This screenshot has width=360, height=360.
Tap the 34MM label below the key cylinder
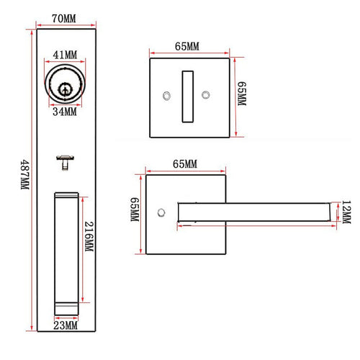[x=66, y=112]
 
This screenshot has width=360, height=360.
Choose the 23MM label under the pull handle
[x=66, y=325]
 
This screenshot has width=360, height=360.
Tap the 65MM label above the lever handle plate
[x=184, y=165]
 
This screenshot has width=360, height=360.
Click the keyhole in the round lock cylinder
[x=66, y=89]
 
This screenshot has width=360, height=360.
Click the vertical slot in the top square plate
[x=187, y=95]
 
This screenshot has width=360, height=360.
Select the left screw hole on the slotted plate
[x=166, y=94]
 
